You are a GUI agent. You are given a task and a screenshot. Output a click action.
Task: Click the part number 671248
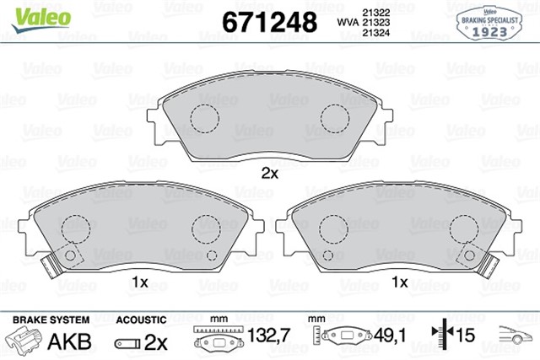tap(268, 20)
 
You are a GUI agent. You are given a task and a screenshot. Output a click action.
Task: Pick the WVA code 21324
tap(375, 33)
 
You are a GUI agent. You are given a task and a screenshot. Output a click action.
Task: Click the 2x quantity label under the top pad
tap(269, 174)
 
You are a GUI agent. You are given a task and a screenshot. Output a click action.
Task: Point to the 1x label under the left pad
tap(140, 281)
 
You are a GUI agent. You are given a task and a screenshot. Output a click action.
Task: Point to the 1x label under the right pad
tap(399, 281)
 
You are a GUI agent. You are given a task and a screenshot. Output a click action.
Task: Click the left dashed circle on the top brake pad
tap(204, 119)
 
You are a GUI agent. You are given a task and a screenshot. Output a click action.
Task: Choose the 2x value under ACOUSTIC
tap(154, 343)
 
